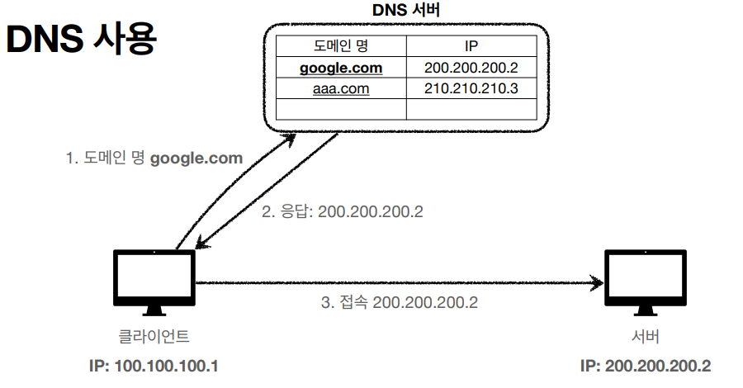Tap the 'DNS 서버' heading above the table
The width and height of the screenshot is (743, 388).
[407, 10]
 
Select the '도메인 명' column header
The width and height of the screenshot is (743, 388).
[340, 46]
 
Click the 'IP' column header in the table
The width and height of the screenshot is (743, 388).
[472, 46]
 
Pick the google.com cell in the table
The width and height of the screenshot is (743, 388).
[340, 67]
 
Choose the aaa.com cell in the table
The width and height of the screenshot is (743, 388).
[340, 88]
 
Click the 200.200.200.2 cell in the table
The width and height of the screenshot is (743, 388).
[472, 67]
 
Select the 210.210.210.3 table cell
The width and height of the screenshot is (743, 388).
[472, 88]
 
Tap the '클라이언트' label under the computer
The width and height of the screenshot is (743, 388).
[154, 336]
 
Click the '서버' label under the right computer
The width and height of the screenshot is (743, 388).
[645, 336]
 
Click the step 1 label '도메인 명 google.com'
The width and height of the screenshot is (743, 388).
[154, 158]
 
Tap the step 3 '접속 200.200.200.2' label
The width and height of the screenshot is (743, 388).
[399, 302]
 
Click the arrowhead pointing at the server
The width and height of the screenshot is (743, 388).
[596, 283]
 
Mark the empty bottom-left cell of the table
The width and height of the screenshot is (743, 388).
[340, 108]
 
